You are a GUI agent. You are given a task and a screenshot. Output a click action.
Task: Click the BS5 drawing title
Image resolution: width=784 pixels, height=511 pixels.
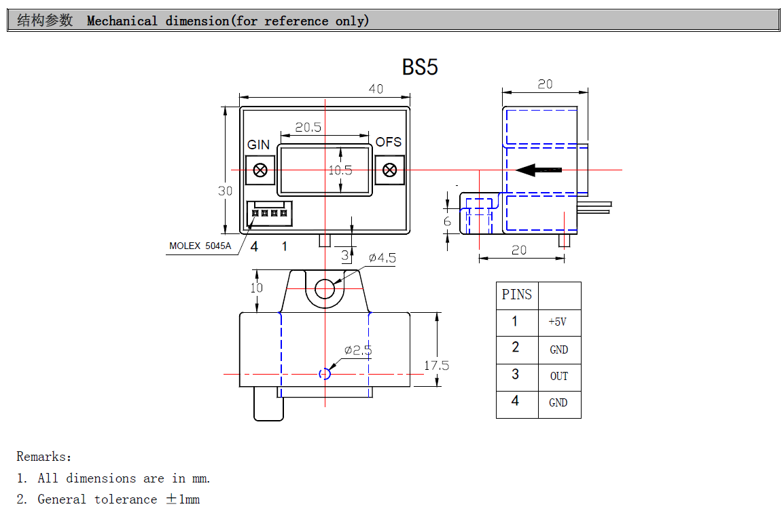click(420, 68)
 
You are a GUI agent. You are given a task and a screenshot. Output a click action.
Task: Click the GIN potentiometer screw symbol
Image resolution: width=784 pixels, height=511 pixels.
click(260, 170)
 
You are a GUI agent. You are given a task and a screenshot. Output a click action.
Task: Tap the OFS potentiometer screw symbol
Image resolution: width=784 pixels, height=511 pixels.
click(390, 170)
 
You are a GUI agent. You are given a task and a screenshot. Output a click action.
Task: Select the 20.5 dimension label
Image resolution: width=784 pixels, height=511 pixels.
click(308, 127)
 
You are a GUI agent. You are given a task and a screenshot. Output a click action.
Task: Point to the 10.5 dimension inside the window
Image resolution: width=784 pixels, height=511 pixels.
click(340, 170)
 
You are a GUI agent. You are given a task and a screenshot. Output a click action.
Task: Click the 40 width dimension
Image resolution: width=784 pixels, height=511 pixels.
click(375, 89)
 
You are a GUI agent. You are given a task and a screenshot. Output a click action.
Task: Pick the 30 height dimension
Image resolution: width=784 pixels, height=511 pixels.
click(226, 191)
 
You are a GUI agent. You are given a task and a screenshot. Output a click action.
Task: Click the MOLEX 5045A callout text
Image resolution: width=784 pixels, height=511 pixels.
click(200, 246)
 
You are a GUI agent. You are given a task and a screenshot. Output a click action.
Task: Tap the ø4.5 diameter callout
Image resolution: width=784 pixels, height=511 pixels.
click(382, 258)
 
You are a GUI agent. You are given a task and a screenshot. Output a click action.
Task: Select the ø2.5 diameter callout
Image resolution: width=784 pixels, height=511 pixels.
click(357, 350)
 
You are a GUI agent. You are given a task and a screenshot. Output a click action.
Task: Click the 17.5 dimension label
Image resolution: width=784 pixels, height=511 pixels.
click(436, 366)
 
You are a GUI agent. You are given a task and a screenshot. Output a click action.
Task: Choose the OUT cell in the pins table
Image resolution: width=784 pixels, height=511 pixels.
click(558, 377)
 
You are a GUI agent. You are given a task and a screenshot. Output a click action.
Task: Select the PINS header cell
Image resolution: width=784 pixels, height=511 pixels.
click(516, 295)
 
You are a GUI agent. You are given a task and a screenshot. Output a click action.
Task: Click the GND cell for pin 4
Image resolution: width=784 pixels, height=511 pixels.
click(558, 403)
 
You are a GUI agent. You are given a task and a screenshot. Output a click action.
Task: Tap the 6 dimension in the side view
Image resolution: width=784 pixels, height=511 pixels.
click(447, 222)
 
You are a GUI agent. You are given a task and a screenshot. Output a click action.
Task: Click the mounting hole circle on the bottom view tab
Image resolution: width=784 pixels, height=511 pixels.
click(325, 288)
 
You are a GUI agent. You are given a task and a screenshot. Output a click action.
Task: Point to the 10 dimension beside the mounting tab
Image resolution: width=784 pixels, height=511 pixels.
click(256, 288)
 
